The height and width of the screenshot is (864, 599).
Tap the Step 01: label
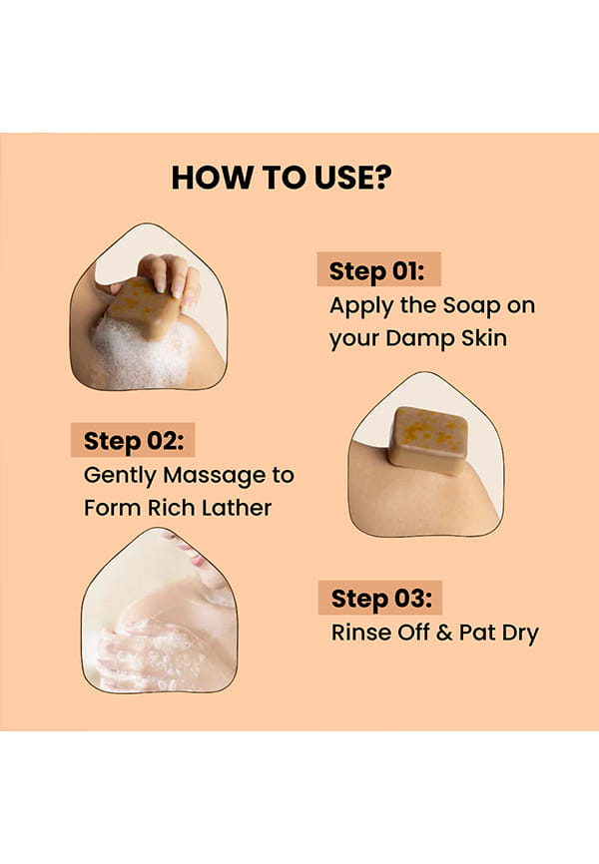[x=377, y=271]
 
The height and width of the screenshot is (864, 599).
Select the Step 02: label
[x=134, y=441]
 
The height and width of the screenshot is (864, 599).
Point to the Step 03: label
[x=381, y=599]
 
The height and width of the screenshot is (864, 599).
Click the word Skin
[x=484, y=338]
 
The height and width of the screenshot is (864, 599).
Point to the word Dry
[x=520, y=634]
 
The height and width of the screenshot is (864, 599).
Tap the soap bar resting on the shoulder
[x=428, y=440]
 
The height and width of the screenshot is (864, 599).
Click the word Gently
[x=120, y=476]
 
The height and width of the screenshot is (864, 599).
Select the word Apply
[x=361, y=306]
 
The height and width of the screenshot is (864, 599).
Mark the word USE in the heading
[x=343, y=178]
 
